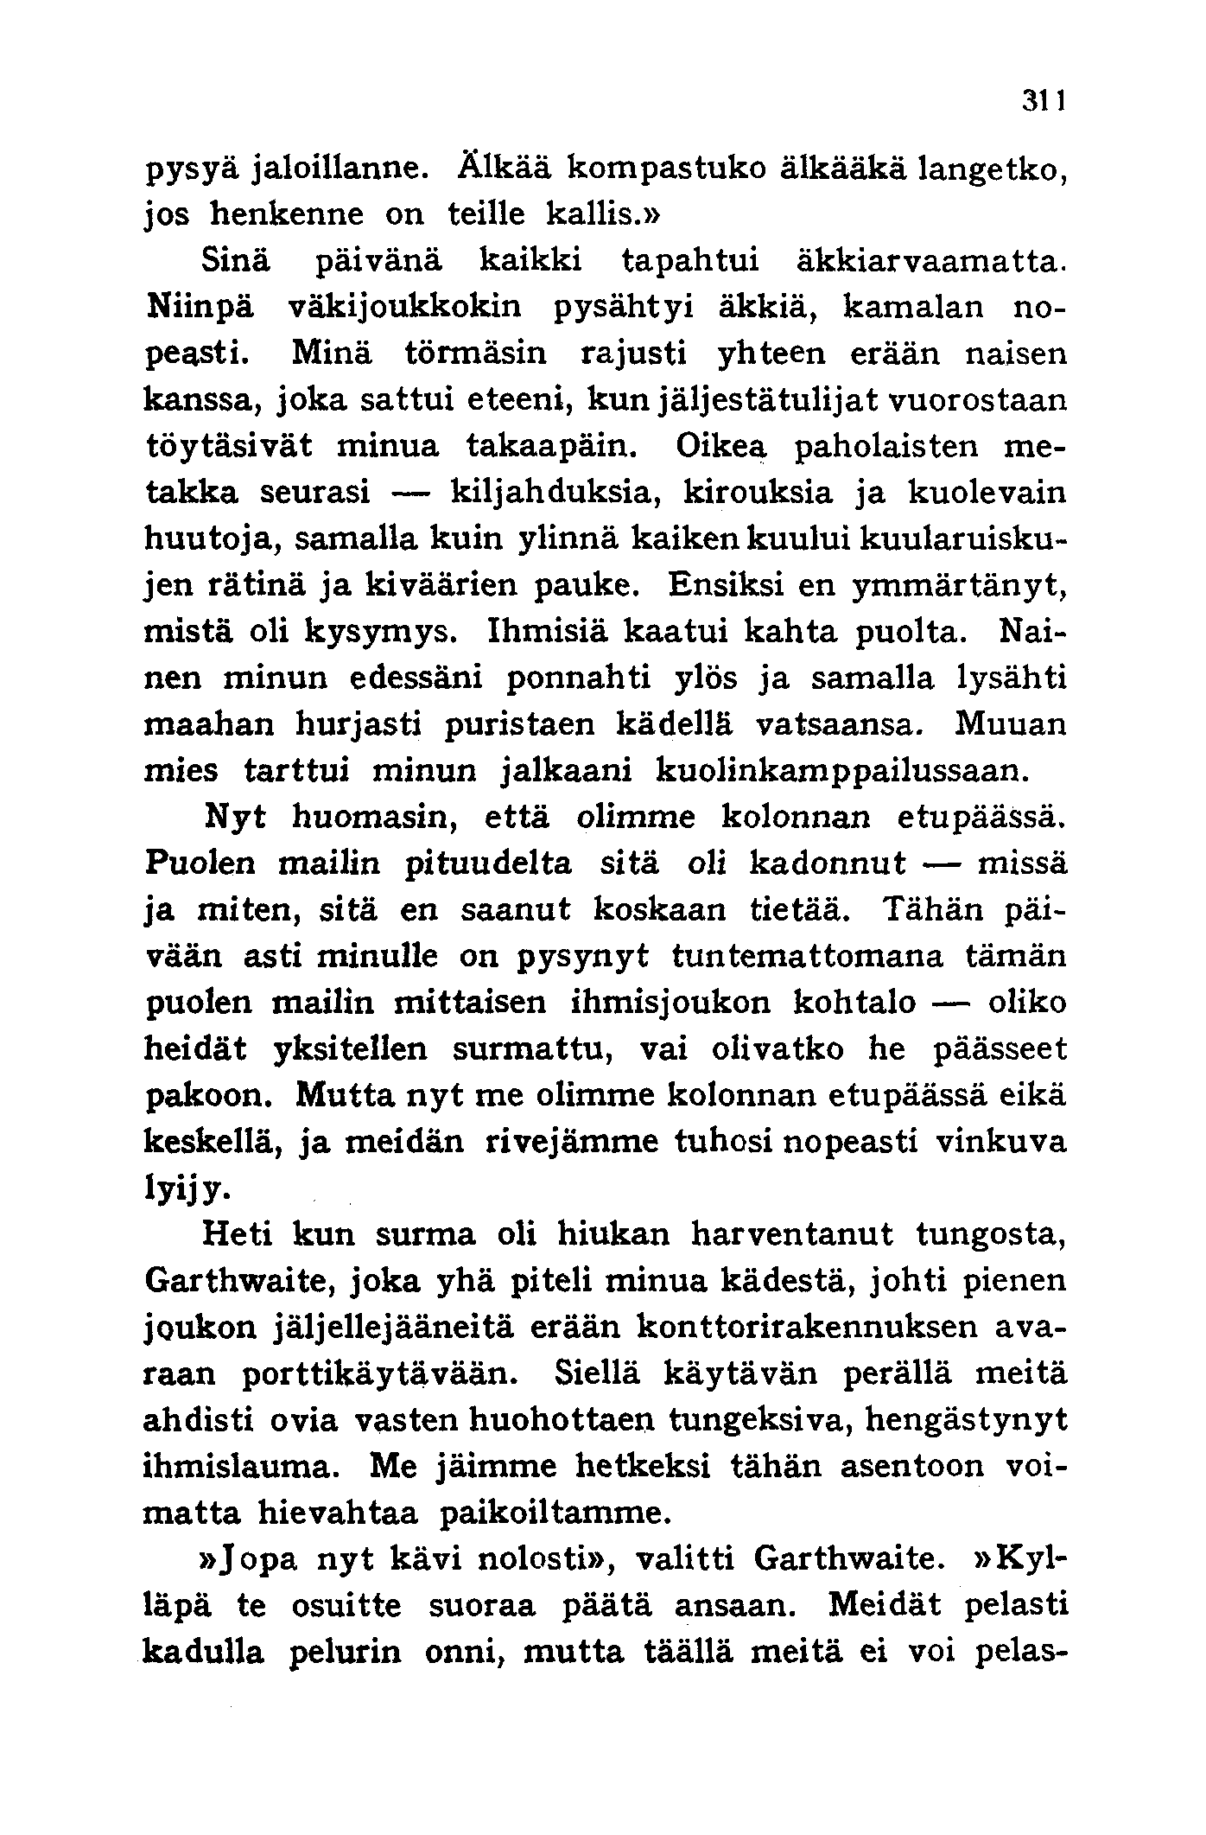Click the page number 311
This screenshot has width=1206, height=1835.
click(x=1047, y=101)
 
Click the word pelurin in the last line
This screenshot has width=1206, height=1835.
click(x=347, y=1653)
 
